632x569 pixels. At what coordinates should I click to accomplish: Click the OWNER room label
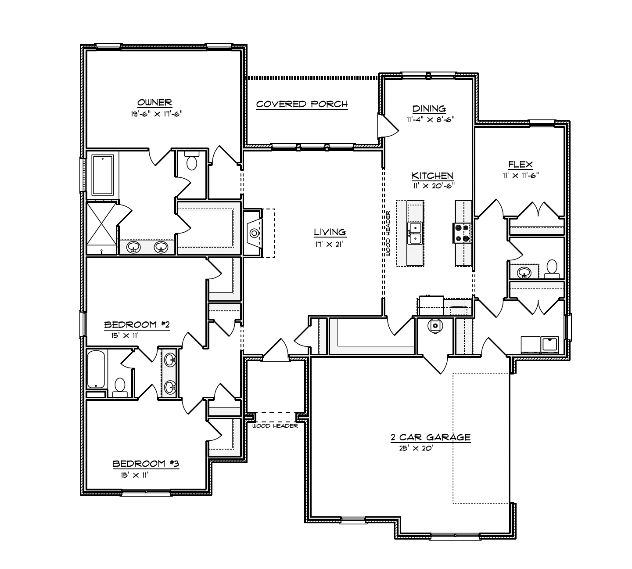pos(154,102)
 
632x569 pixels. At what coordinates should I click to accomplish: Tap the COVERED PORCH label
pos(302,104)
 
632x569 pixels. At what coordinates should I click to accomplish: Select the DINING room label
pos(429,109)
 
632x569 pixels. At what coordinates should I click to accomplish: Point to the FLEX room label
pos(521,164)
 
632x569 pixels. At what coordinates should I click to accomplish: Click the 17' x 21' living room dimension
pos(329,244)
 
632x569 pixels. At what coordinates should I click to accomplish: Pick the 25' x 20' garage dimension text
pos(416,448)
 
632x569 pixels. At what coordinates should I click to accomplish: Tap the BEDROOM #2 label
pos(137,325)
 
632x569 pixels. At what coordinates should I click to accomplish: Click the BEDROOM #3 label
pos(146,464)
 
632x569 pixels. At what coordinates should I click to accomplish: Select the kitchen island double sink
pos(415,233)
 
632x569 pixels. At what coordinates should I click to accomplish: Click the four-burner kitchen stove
pos(462,233)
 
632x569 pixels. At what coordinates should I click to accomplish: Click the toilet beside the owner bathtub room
pos(191,161)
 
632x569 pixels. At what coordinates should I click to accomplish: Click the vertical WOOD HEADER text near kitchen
pos(388,233)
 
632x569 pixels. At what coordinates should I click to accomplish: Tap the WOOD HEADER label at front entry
pos(275,426)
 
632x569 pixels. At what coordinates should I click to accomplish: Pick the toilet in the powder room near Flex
pos(552,269)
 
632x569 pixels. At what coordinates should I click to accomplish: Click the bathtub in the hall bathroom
pos(96,369)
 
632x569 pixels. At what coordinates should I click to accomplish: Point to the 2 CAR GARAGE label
pos(431,437)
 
